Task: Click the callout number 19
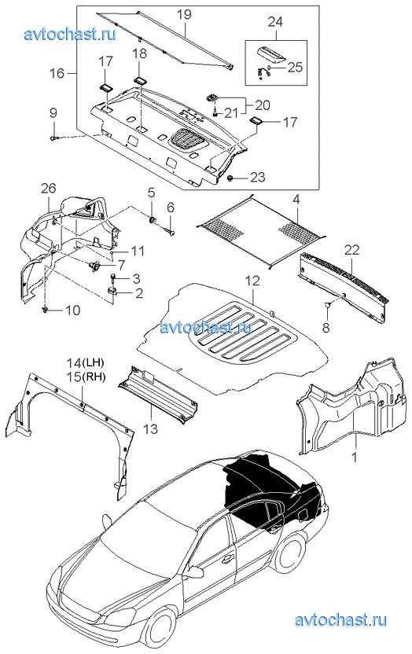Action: (x=183, y=15)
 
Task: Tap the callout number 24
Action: (x=275, y=22)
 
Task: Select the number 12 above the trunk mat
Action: (x=252, y=281)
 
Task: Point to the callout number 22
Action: (x=351, y=251)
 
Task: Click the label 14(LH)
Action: (x=86, y=362)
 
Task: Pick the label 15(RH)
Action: (x=86, y=377)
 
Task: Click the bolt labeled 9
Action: (x=54, y=138)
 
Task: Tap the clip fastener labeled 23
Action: (x=230, y=178)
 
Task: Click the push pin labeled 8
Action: (x=328, y=305)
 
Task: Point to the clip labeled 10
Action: (x=44, y=310)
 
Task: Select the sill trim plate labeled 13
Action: (x=157, y=394)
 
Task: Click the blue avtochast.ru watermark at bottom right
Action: (x=340, y=619)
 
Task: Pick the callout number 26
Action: (x=48, y=188)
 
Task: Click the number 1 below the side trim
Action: (x=355, y=457)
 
